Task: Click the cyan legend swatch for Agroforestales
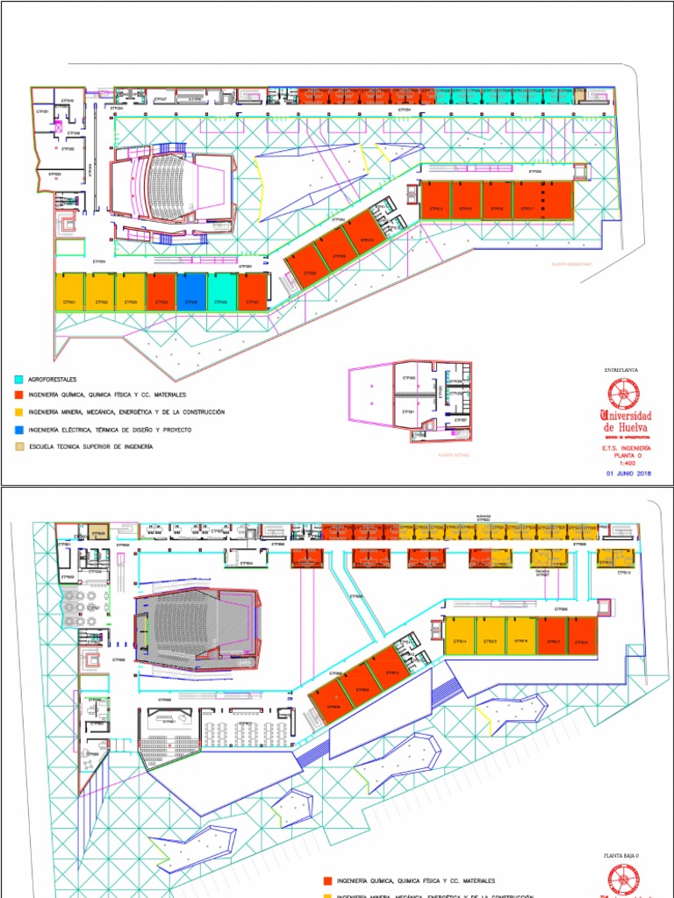click(x=18, y=380)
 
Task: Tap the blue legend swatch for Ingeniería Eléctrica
click(x=18, y=430)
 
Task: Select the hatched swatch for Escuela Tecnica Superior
click(x=18, y=446)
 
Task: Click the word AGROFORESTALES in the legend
click(x=52, y=380)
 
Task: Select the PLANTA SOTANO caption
click(x=455, y=456)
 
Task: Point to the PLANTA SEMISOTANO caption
click(x=571, y=263)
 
